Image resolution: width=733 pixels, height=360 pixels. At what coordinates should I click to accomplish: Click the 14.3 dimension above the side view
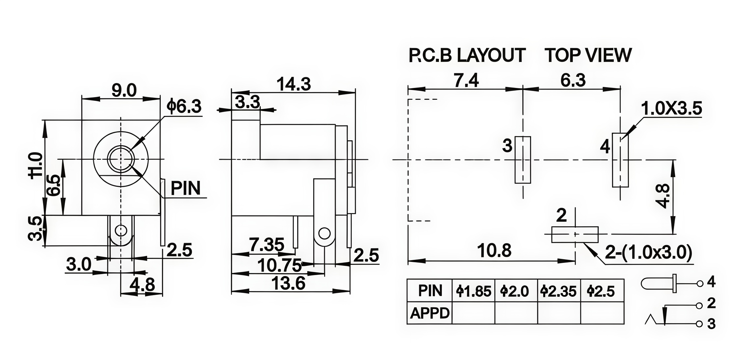[x=294, y=84]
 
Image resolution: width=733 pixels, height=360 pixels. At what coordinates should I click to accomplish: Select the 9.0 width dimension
[x=124, y=91]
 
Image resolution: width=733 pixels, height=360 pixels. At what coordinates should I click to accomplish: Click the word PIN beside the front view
[x=185, y=188]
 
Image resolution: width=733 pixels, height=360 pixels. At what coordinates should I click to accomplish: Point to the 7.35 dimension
[x=266, y=245]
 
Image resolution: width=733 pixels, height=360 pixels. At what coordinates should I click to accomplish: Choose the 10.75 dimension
[x=279, y=265]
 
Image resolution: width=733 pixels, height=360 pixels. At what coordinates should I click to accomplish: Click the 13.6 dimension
[x=288, y=283]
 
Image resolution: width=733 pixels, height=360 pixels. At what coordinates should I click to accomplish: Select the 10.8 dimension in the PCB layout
[x=494, y=251]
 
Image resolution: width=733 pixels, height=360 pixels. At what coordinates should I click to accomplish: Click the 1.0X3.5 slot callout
[x=671, y=109]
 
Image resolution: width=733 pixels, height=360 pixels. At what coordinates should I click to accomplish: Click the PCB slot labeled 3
[x=523, y=160]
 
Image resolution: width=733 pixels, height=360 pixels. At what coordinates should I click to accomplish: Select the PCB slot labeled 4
[x=620, y=160]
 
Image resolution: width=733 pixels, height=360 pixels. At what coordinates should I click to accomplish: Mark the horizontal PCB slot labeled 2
[x=575, y=235]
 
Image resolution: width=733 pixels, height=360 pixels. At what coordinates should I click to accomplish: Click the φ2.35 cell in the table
[x=559, y=291]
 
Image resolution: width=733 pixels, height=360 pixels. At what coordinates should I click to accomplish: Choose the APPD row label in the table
[x=430, y=313]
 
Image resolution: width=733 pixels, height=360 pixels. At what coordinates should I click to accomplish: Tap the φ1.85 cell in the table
[x=473, y=291]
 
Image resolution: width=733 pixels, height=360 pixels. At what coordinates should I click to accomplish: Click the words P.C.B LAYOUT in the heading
[x=467, y=55]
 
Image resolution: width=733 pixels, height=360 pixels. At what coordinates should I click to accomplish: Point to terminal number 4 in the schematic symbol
[x=712, y=282]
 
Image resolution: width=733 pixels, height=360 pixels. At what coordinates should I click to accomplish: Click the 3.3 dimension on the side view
[x=247, y=102]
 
